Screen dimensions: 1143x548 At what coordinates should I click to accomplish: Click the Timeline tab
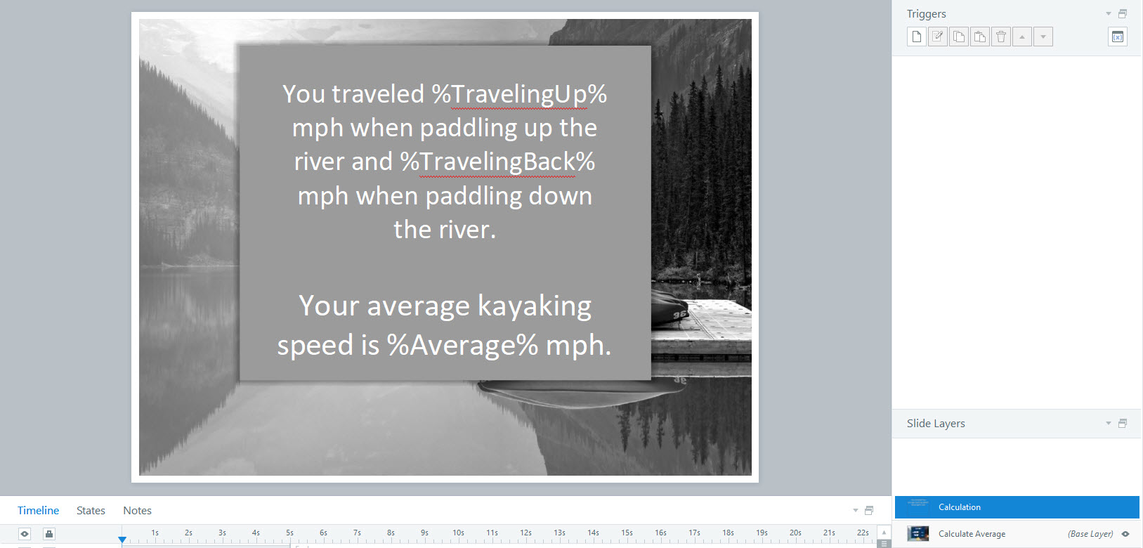pyautogui.click(x=38, y=510)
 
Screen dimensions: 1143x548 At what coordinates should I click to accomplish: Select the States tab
pyautogui.click(x=91, y=510)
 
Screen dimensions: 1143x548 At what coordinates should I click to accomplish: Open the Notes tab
pyautogui.click(x=137, y=510)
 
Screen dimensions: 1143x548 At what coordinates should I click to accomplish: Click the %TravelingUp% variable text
pyautogui.click(x=519, y=94)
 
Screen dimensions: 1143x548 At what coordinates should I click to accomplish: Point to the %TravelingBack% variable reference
pyautogui.click(x=497, y=162)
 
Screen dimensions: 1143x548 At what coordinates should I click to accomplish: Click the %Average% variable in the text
pyautogui.click(x=462, y=345)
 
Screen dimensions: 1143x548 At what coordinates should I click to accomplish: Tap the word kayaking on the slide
pyautogui.click(x=534, y=306)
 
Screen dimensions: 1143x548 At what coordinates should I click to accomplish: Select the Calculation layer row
pyautogui.click(x=1017, y=507)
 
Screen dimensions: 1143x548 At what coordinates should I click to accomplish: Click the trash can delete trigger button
pyautogui.click(x=1001, y=37)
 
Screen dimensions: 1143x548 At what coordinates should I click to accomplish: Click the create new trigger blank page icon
pyautogui.click(x=917, y=37)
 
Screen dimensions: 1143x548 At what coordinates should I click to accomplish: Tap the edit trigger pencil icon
pyautogui.click(x=937, y=37)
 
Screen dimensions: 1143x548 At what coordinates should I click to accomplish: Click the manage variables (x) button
pyautogui.click(x=1118, y=37)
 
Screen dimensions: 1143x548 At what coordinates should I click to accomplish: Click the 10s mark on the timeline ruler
pyautogui.click(x=458, y=533)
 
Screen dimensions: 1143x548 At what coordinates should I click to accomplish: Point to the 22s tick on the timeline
pyautogui.click(x=863, y=533)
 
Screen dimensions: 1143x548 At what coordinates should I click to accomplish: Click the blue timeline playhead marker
pyautogui.click(x=122, y=540)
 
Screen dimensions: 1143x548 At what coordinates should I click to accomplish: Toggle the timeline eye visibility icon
pyautogui.click(x=25, y=534)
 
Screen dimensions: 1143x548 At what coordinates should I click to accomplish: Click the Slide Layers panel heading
pyautogui.click(x=936, y=424)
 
